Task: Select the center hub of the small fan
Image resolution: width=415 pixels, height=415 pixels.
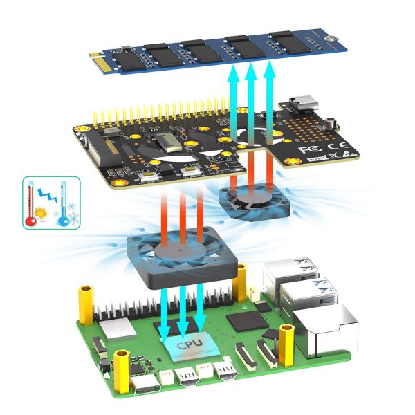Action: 246,197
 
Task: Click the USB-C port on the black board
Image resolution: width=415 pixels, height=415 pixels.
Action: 302,105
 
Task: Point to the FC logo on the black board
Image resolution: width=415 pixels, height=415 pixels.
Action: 305,149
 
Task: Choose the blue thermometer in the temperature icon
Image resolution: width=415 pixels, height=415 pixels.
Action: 64,204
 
